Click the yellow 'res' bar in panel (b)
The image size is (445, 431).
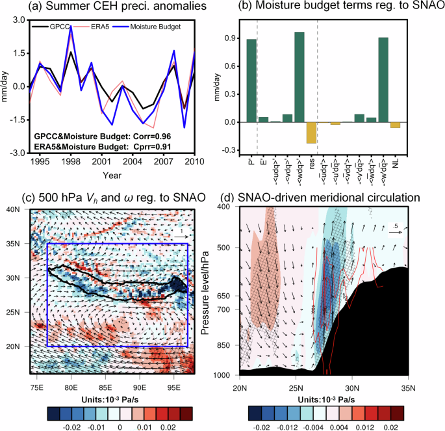[311, 133]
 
